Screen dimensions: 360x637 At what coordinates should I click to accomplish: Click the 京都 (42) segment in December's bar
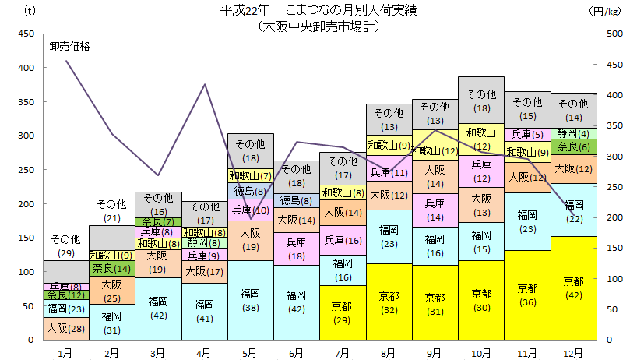574,288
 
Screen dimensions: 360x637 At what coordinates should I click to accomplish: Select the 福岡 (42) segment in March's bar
158,309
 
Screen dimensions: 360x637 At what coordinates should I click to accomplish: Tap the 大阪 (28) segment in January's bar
65,328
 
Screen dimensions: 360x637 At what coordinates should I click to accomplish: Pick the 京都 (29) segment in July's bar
343,312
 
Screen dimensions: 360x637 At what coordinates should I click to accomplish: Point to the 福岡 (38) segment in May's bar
250,300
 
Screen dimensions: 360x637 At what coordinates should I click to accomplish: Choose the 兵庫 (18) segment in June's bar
297,249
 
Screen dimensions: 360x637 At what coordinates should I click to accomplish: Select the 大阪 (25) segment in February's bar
111,290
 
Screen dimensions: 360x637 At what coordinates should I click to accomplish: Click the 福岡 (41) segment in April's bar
204,311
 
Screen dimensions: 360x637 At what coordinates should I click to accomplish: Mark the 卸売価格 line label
70,46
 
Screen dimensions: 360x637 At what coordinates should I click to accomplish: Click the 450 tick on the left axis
26,34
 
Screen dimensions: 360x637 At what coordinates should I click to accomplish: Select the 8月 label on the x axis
389,352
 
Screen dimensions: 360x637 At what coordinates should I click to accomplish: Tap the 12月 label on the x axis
574,352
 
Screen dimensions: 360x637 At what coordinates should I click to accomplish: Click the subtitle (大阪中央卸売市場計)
318,26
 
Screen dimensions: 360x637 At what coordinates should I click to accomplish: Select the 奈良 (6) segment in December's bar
574,146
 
